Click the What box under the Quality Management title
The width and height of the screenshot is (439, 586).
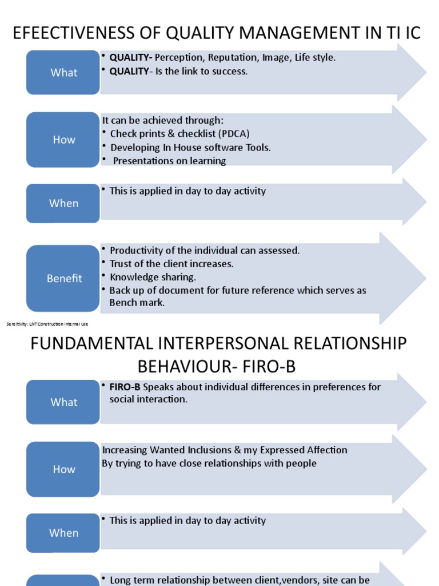click(x=63, y=73)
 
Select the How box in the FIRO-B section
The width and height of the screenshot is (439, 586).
click(x=63, y=469)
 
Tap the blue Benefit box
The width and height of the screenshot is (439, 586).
click(x=63, y=279)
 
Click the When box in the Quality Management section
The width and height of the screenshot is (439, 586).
click(x=63, y=203)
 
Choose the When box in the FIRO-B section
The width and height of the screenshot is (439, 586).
click(x=63, y=533)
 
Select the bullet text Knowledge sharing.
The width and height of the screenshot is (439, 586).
click(x=153, y=277)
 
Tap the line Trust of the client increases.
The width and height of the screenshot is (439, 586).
click(x=171, y=264)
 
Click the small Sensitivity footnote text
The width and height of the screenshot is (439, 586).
click(x=47, y=324)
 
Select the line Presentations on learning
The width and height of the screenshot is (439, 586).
click(x=169, y=161)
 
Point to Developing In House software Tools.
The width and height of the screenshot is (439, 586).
click(x=190, y=148)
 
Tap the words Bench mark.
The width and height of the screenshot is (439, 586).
click(x=137, y=303)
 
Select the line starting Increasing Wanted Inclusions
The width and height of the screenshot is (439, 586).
click(x=225, y=450)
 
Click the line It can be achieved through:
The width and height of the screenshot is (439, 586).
click(x=163, y=120)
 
